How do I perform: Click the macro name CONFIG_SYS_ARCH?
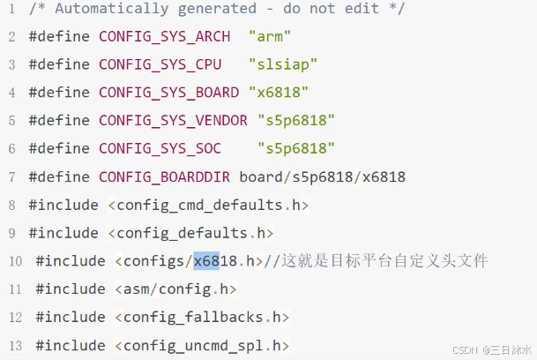(164, 36)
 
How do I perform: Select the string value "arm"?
(270, 36)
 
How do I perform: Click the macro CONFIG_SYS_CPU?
(160, 64)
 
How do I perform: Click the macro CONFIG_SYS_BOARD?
(168, 93)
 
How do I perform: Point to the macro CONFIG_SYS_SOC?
(160, 148)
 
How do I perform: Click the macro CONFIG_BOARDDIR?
(164, 176)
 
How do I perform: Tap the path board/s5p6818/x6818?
(322, 176)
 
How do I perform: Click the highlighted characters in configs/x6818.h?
(206, 260)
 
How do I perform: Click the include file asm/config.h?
(175, 289)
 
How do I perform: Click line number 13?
(15, 345)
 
